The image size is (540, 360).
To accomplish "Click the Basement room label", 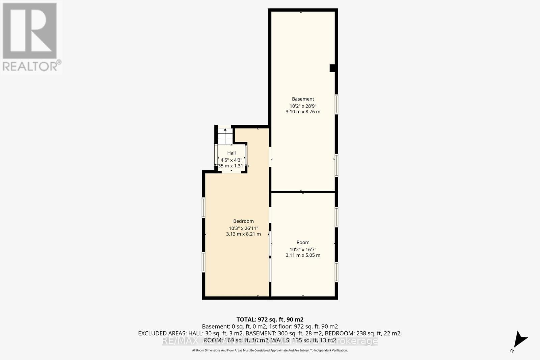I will point(303,99).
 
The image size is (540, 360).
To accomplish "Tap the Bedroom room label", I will point(243,221).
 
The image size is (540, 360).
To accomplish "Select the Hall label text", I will point(231,153).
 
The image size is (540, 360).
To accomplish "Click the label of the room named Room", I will point(303,242).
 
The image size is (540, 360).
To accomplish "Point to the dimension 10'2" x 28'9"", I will point(303,106).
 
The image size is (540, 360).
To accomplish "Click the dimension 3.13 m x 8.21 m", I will point(243,234).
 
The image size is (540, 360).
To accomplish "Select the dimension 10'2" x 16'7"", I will point(303,249).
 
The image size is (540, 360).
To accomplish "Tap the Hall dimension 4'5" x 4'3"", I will point(231,160).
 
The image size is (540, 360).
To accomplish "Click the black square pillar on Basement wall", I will point(332,68).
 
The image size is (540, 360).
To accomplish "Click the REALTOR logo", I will point(31,37).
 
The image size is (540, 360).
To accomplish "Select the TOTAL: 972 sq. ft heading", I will point(270,319).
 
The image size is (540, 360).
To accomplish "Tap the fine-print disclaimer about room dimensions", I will point(270,351).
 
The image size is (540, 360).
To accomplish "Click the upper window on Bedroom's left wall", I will point(204,207).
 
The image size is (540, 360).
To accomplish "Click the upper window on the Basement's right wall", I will point(336,105).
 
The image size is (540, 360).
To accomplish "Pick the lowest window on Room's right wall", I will point(336,272).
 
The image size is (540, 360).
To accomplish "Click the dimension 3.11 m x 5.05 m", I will point(303,255).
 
